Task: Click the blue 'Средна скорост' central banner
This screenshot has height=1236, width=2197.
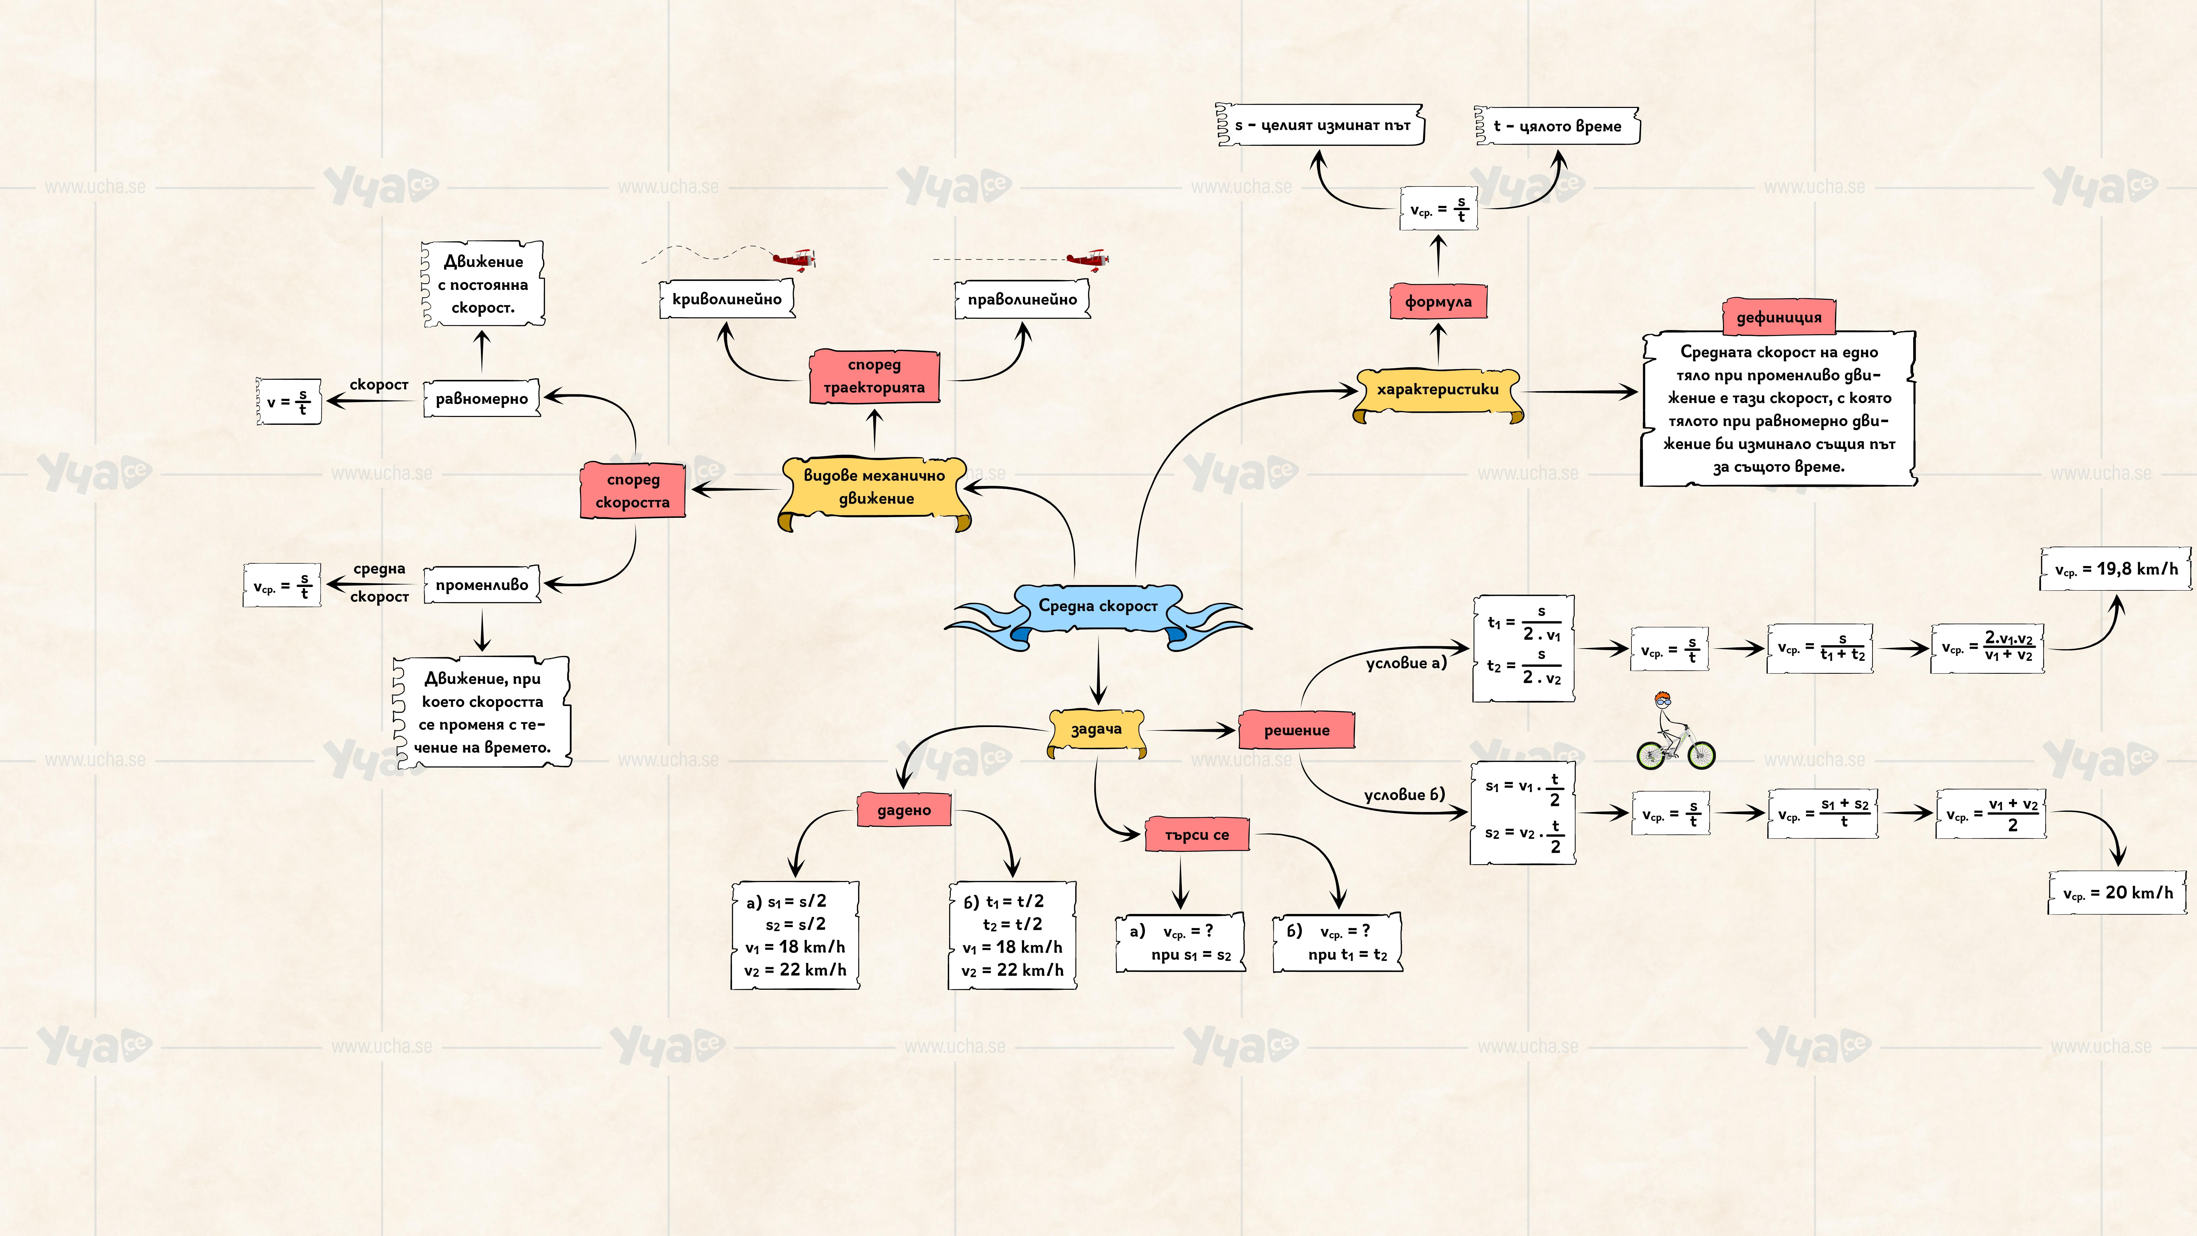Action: pos(1098,606)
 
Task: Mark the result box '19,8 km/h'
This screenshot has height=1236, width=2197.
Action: pos(2115,569)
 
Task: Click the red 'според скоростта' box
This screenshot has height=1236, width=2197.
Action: pos(633,491)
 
